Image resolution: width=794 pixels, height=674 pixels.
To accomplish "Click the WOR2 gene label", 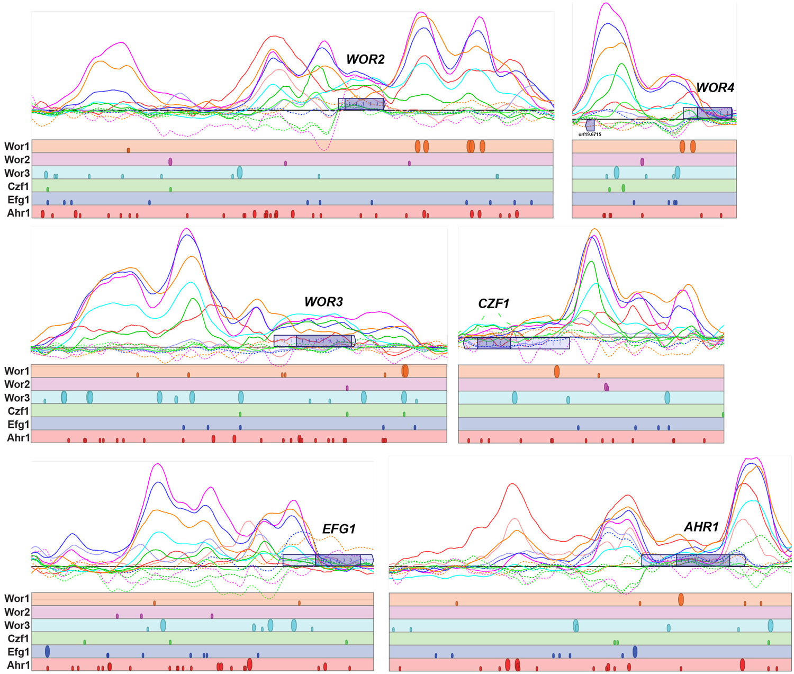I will pos(365,59).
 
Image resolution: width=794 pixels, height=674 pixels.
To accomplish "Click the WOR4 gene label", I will pos(715,88).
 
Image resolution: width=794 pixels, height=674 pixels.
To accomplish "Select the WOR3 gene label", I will pos(323,302).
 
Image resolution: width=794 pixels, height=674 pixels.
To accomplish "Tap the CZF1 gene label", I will pos(493,303).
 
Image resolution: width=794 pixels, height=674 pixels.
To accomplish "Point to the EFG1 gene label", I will pos(339,528).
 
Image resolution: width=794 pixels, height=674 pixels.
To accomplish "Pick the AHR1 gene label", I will pos(701,527).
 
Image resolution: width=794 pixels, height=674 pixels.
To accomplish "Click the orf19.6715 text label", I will pos(590,134).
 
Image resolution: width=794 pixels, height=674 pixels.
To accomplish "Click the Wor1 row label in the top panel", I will pos(17,146).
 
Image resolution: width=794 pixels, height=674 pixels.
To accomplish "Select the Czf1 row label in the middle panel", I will pos(19,411).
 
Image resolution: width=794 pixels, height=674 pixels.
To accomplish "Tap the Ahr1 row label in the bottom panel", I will pos(19,665).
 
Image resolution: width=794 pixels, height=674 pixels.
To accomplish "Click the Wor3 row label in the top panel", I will pos(17,173).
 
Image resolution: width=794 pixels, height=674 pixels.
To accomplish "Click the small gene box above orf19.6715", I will pos(590,125).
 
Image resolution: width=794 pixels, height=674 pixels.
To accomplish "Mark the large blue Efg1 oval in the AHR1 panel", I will pos(635,652).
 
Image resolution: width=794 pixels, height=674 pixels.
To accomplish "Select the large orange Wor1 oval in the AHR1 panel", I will pos(681,599).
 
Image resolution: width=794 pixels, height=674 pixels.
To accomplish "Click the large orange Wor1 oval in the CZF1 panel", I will pos(557,371).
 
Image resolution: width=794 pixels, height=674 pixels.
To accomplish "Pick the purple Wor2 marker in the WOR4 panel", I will pos(642,161).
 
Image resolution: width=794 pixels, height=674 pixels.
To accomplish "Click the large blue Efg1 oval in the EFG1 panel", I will pos(48,651).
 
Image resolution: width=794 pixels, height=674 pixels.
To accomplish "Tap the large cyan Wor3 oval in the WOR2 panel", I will pos(240,172).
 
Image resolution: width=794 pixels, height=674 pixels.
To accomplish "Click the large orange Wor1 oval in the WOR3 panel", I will pos(405,371).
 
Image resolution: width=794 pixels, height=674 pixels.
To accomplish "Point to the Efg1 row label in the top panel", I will pos(19,200).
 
